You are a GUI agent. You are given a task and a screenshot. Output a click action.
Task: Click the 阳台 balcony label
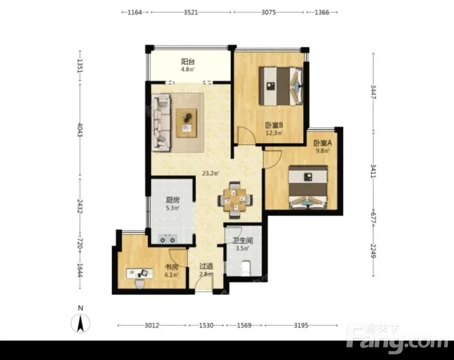[188, 62]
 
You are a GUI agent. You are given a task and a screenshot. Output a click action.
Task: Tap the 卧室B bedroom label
[274, 125]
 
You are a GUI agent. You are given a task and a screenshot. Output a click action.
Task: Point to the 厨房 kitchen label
[173, 200]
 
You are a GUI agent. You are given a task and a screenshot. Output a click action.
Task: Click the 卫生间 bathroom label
[243, 241]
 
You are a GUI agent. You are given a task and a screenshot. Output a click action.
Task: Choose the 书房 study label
[171, 267]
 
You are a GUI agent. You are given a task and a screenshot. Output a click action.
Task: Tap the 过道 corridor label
[206, 266]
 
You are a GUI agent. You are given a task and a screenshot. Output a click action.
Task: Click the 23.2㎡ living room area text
[211, 174]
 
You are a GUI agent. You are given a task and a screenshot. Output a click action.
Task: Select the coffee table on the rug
[187, 123]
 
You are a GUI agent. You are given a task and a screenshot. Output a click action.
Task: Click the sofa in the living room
[161, 123]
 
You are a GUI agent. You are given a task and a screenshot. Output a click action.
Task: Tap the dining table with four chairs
[235, 200]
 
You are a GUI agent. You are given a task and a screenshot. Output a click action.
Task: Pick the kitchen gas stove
[167, 239]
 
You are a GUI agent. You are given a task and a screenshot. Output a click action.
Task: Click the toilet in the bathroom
[246, 268]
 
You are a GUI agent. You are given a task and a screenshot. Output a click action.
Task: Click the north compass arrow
[81, 323]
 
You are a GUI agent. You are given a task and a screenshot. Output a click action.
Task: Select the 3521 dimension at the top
[191, 12]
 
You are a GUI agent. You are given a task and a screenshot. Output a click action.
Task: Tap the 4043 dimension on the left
[80, 130]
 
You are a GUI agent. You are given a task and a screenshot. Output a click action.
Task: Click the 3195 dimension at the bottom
[301, 325]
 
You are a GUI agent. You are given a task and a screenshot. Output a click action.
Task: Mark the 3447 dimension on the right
[373, 92]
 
